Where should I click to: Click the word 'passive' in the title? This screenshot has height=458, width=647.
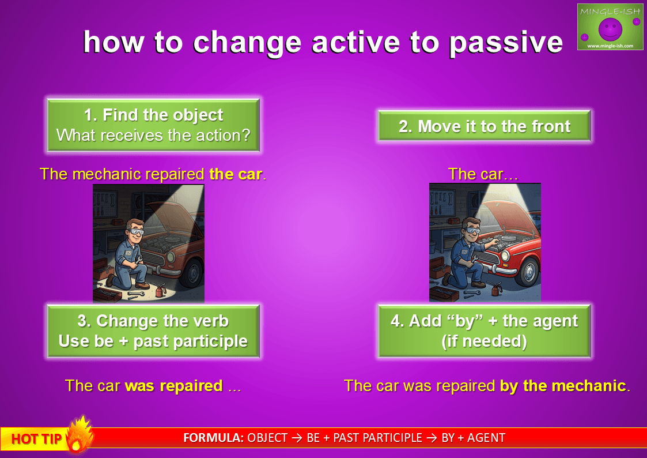(x=505, y=43)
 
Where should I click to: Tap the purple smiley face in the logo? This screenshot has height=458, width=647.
(x=610, y=29)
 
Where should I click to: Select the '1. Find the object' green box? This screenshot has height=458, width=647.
(x=153, y=125)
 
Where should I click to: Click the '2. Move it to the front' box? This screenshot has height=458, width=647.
(x=484, y=126)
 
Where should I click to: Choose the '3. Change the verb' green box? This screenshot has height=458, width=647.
(x=153, y=331)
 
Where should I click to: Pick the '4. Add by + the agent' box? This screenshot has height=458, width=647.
(x=484, y=331)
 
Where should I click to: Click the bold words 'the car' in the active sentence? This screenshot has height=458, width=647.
(x=236, y=174)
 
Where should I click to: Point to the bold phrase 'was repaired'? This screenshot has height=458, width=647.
(x=174, y=386)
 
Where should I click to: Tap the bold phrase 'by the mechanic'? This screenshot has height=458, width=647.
(x=563, y=386)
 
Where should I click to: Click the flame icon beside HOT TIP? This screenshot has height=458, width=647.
(x=80, y=434)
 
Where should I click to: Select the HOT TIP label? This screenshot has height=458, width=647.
(x=36, y=439)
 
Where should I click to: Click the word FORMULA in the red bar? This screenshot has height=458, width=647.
(x=213, y=438)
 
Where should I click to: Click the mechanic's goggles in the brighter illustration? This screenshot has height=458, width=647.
(x=471, y=231)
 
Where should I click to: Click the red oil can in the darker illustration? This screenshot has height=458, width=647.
(x=159, y=290)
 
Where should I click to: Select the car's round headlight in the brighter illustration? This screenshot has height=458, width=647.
(x=506, y=256)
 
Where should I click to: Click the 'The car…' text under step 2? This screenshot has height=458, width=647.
(x=483, y=174)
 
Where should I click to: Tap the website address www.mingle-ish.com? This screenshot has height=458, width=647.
(x=610, y=46)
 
